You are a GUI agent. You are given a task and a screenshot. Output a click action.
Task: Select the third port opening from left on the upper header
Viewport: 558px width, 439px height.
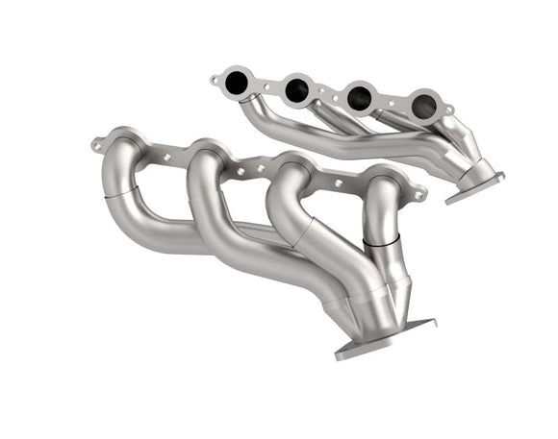click(x=360, y=96)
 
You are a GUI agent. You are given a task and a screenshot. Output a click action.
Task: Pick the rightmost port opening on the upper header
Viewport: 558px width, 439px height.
click(x=422, y=104)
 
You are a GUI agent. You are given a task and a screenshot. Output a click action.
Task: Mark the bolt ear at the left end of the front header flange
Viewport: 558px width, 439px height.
click(x=98, y=143)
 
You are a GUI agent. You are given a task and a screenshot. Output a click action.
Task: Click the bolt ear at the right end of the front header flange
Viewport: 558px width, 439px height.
click(x=419, y=195)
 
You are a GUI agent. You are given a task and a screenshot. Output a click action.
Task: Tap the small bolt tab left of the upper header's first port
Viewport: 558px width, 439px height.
click(x=215, y=81)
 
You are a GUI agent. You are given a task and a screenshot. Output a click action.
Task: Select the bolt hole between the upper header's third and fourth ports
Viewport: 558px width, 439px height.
click(x=392, y=102)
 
